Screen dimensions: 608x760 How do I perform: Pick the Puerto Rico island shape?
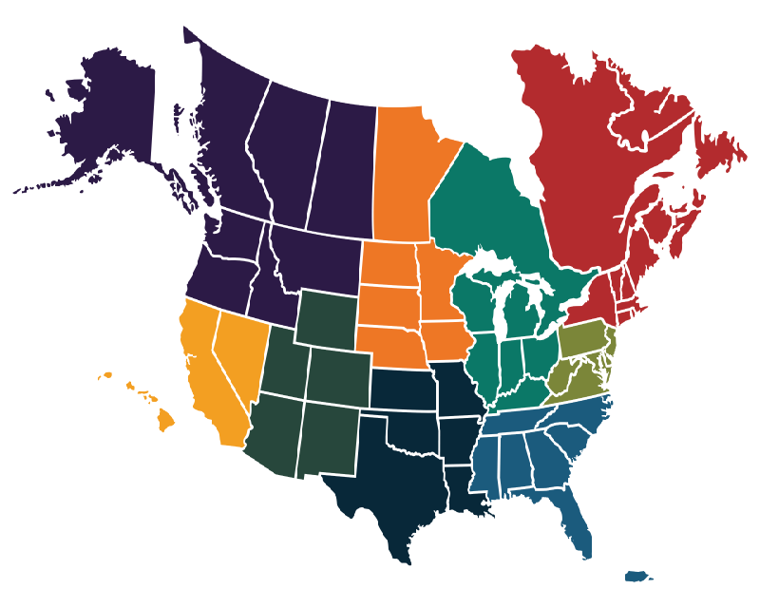pos(636,576)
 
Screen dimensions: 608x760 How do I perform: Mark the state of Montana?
pos(318,256)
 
